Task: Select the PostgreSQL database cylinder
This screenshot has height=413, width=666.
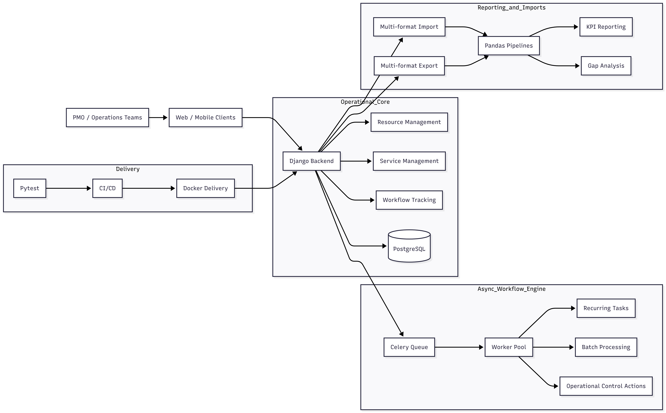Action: [409, 246]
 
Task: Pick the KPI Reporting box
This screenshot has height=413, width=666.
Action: [606, 27]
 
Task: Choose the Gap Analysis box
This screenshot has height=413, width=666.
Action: [606, 66]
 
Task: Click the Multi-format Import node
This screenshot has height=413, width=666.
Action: [409, 27]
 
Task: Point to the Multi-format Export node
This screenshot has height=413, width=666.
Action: [409, 66]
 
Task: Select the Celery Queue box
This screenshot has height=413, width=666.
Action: [409, 347]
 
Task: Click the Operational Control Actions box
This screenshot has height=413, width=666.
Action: [606, 386]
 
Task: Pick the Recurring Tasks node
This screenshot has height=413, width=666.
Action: [606, 308]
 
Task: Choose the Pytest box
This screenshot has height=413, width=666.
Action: [30, 188]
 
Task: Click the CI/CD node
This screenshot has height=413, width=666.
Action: [107, 188]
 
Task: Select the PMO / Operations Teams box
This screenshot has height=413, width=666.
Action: [107, 117]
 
